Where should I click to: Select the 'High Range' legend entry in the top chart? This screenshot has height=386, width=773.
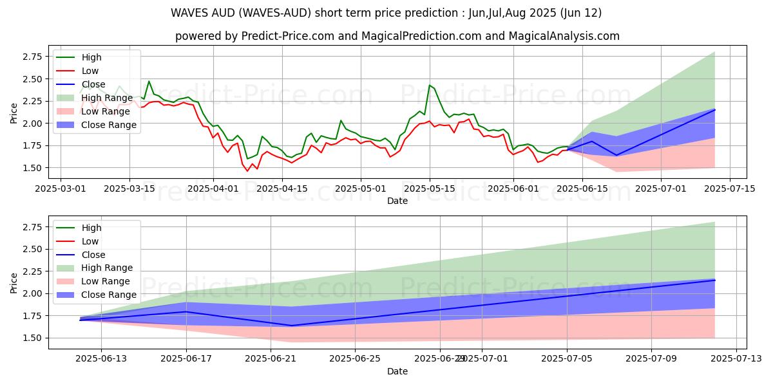(x=107, y=98)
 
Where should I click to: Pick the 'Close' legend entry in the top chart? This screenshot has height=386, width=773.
(x=94, y=84)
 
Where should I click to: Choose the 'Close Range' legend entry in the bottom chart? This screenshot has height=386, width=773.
(x=108, y=295)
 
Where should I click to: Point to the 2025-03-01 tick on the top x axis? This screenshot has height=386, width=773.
(x=61, y=188)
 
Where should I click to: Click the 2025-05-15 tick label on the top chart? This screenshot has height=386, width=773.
(x=430, y=188)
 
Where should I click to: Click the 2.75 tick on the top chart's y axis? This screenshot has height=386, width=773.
(x=32, y=57)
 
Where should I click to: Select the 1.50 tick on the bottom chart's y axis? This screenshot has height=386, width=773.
(x=32, y=338)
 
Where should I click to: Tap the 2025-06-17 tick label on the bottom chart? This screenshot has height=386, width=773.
(x=186, y=359)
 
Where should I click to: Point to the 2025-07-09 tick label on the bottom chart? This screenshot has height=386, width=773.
(x=651, y=359)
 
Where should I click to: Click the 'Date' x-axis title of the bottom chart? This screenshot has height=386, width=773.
(x=397, y=371)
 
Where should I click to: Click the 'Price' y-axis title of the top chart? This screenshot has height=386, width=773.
(x=14, y=113)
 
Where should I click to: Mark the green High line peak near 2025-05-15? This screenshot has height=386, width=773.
(x=430, y=85)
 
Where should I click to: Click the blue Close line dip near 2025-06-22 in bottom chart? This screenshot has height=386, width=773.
(x=291, y=326)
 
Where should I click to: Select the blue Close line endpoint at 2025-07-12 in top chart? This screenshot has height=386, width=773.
(x=715, y=110)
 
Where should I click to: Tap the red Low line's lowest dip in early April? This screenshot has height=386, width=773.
(x=247, y=170)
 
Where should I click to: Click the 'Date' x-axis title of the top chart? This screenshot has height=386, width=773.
(x=397, y=201)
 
